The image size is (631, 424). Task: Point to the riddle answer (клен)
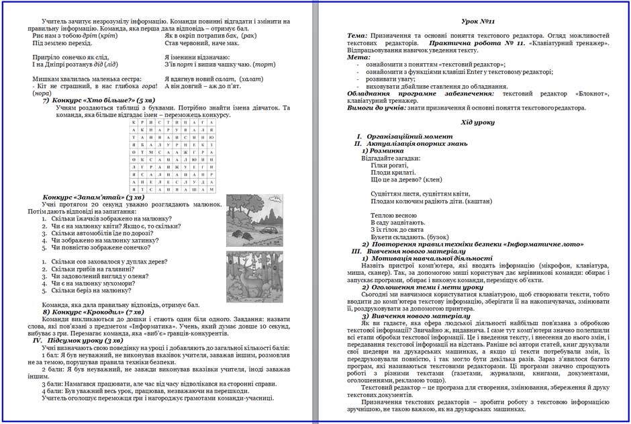tap(429, 179)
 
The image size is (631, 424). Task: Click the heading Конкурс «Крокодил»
tap(93, 312)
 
